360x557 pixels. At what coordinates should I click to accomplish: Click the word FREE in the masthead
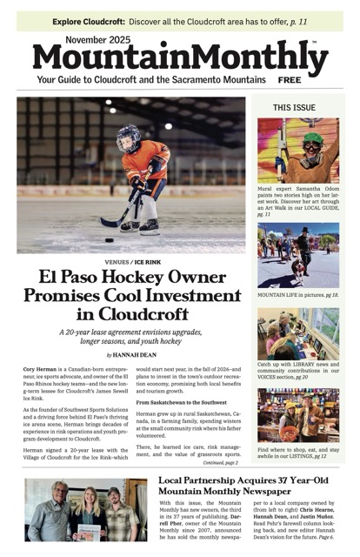click(x=290, y=79)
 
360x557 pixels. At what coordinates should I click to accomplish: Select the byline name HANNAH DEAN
click(x=140, y=355)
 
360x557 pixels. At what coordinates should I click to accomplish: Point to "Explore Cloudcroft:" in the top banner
click(x=86, y=20)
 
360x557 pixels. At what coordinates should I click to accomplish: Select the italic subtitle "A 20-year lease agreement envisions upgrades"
click(x=135, y=332)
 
